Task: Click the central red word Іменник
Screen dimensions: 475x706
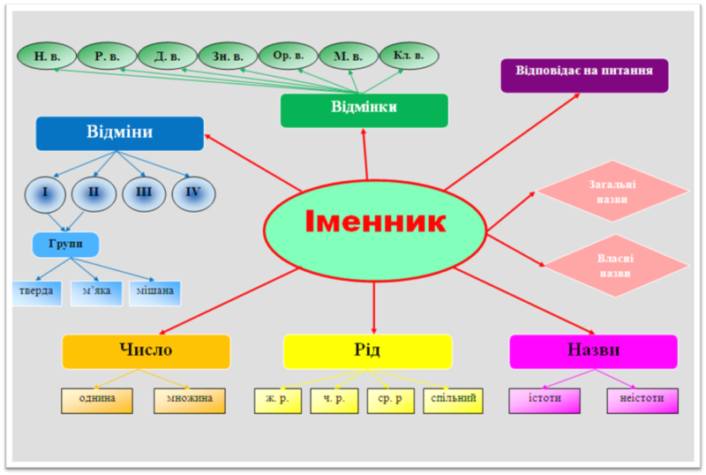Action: pyautogui.click(x=375, y=222)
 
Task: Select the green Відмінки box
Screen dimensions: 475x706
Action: pyautogui.click(x=364, y=109)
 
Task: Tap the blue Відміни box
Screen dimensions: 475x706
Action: pyautogui.click(x=119, y=133)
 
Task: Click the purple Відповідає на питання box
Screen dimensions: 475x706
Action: pyautogui.click(x=583, y=75)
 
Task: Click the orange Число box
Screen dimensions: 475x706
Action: pyautogui.click(x=146, y=351)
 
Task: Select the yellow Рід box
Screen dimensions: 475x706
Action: pyautogui.click(x=367, y=351)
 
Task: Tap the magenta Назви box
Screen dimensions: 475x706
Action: pyautogui.click(x=593, y=351)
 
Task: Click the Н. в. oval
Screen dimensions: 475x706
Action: pyautogui.click(x=47, y=57)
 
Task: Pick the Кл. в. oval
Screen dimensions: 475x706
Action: pyautogui.click(x=409, y=56)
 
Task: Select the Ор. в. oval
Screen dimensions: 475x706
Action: pyautogui.click(x=288, y=55)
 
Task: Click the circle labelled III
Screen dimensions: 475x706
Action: pyautogui.click(x=144, y=192)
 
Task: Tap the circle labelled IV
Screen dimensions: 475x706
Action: pyautogui.click(x=193, y=192)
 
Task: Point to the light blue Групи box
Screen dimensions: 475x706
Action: pyautogui.click(x=65, y=243)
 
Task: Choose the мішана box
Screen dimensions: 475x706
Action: pyautogui.click(x=154, y=292)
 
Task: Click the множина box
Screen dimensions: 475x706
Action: pyautogui.click(x=189, y=400)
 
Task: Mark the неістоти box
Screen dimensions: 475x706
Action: pyautogui.click(x=642, y=400)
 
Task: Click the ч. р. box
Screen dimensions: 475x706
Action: pyautogui.click(x=334, y=400)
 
